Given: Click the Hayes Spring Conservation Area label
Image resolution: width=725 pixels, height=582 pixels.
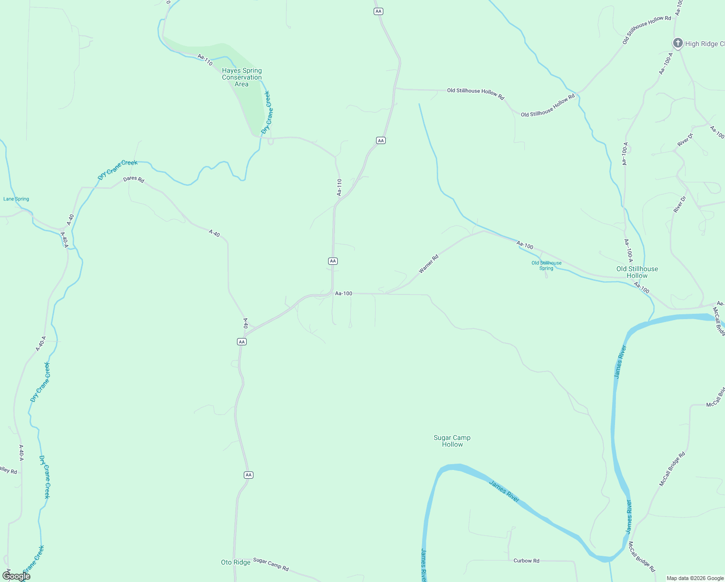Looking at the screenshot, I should pyautogui.click(x=242, y=78).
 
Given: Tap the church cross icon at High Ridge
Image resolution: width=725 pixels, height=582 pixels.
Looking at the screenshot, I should pyautogui.click(x=678, y=43).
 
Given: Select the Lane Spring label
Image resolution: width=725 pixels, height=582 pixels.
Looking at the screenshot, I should pyautogui.click(x=16, y=199).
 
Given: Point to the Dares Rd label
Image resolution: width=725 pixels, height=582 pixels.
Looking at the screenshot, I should pyautogui.click(x=133, y=179).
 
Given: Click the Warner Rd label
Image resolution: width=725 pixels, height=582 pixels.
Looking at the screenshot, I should pyautogui.click(x=428, y=264).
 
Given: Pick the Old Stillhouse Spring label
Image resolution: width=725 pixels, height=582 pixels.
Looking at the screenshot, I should pyautogui.click(x=546, y=265).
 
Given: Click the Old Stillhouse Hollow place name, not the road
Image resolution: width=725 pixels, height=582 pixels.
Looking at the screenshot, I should pyautogui.click(x=637, y=272).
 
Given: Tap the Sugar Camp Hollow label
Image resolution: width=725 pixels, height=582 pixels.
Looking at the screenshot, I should pyautogui.click(x=452, y=441).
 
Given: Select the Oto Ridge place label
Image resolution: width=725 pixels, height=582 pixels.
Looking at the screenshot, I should pyautogui.click(x=236, y=562).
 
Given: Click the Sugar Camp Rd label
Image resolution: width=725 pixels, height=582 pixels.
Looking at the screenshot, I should pyautogui.click(x=270, y=564).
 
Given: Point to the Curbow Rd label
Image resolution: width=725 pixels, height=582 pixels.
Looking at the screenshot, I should pyautogui.click(x=526, y=561).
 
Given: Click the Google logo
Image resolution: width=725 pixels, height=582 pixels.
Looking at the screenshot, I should pyautogui.click(x=16, y=576).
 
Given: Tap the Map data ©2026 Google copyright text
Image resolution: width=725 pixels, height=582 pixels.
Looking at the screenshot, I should pyautogui.click(x=695, y=578).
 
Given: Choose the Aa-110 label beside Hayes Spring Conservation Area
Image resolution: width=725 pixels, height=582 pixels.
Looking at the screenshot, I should pyautogui.click(x=205, y=60).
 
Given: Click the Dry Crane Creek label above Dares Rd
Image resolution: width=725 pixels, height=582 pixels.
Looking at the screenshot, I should pyautogui.click(x=117, y=169).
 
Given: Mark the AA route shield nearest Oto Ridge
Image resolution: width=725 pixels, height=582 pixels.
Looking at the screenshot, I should pyautogui.click(x=248, y=475).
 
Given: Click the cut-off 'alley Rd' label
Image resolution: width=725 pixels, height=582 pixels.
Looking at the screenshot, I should pyautogui.click(x=8, y=470).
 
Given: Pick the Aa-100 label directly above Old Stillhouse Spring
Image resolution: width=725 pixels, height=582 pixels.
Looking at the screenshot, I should pyautogui.click(x=525, y=245).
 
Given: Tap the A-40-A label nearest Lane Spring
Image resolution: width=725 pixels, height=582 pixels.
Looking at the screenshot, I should pyautogui.click(x=64, y=240).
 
